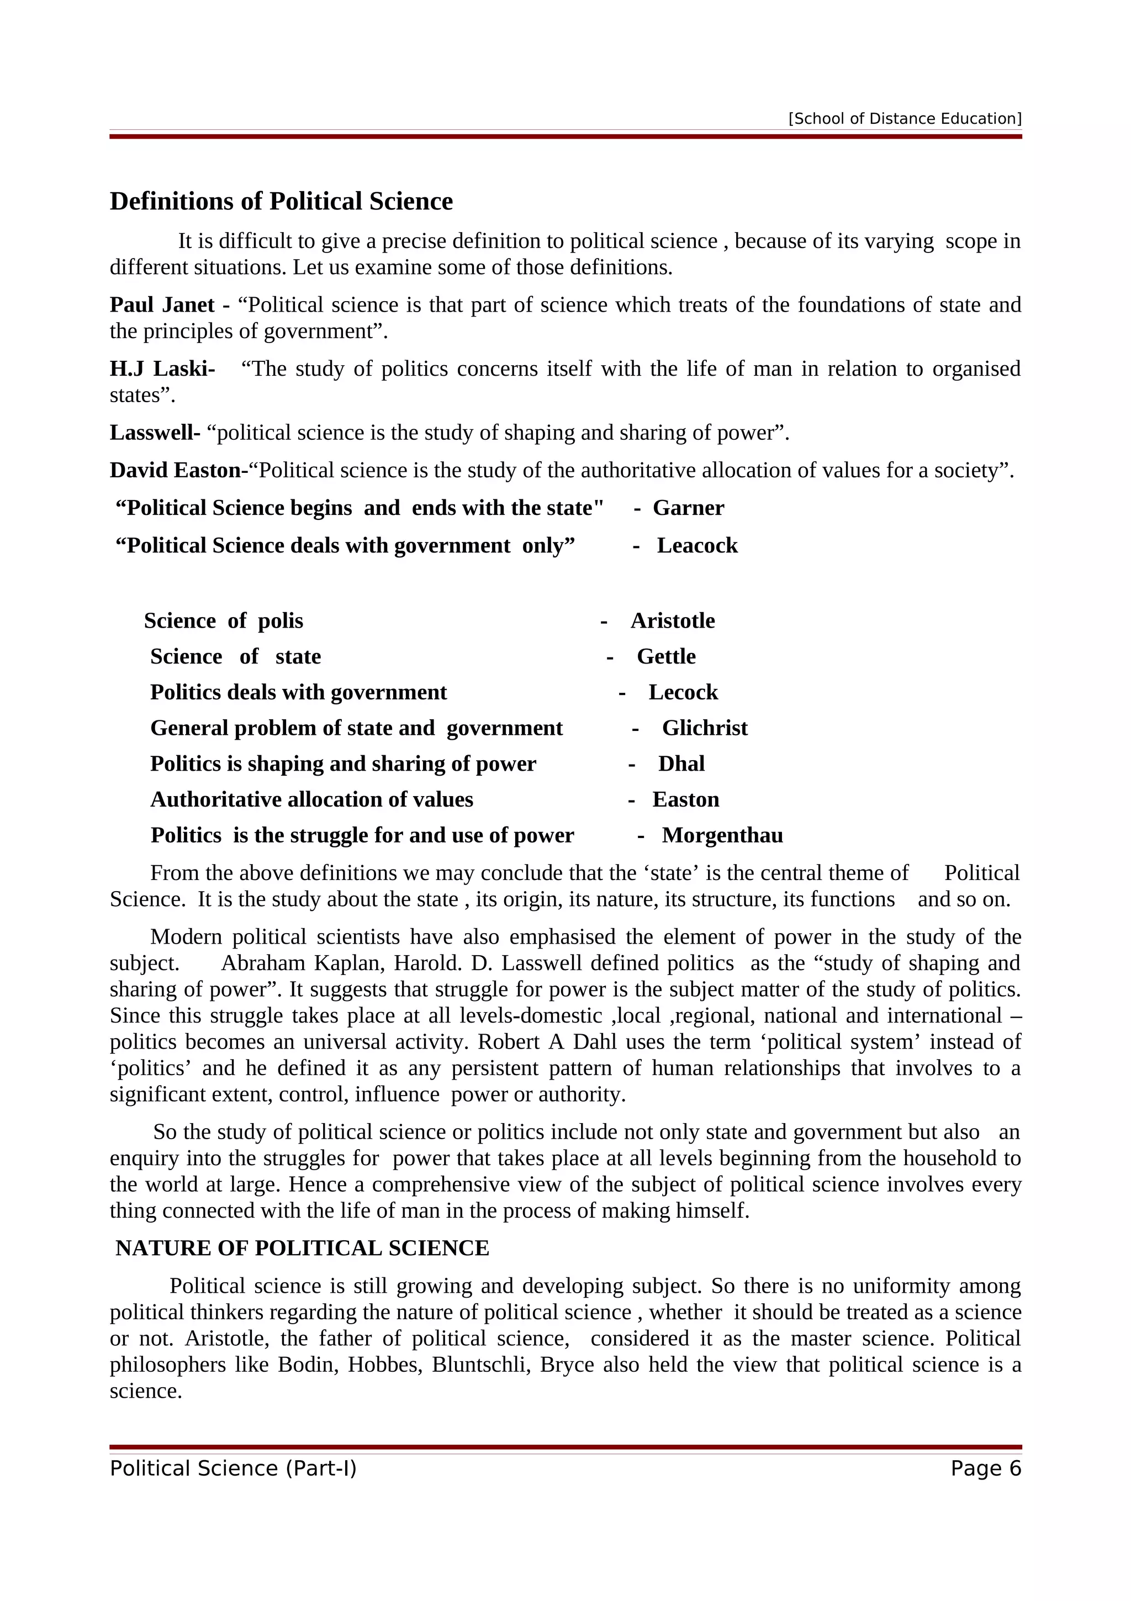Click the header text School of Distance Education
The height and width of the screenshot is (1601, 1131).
(x=905, y=119)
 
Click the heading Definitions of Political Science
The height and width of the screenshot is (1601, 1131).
(x=281, y=202)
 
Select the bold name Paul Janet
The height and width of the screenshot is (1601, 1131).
(x=162, y=306)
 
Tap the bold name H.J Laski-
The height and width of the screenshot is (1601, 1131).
(x=162, y=369)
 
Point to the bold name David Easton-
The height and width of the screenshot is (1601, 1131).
(x=178, y=471)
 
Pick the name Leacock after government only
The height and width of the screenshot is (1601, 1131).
(x=697, y=546)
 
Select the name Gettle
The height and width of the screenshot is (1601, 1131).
(x=665, y=657)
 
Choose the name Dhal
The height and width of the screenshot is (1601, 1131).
(x=681, y=763)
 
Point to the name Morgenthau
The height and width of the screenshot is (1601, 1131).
(x=722, y=835)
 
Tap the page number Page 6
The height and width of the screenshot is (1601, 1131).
(x=985, y=1468)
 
